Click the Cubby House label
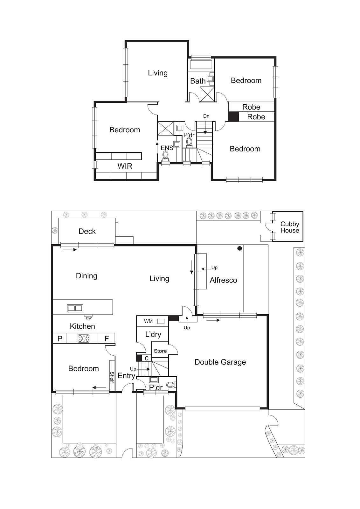pyautogui.click(x=289, y=227)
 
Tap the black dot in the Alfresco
pyautogui.click(x=239, y=248)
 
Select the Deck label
pyautogui.click(x=87, y=231)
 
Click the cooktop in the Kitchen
pyautogui.click(x=84, y=338)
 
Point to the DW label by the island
pyautogui.click(x=89, y=318)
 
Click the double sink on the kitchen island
pyautogui.click(x=75, y=308)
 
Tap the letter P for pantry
pyautogui.click(x=60, y=338)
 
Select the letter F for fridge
pyautogui.click(x=107, y=338)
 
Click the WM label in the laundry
pyautogui.click(x=148, y=321)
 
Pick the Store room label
pyautogui.click(x=160, y=351)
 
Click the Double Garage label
pyautogui.click(x=220, y=362)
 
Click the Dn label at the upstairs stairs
pyautogui.click(x=206, y=116)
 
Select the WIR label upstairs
pyautogui.click(x=125, y=166)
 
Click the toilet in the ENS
pyautogui.click(x=165, y=155)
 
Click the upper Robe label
pyautogui.click(x=251, y=107)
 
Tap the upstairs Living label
pyautogui.click(x=158, y=73)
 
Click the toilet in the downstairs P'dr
pyautogui.click(x=171, y=385)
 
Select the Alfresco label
pyautogui.click(x=223, y=280)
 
